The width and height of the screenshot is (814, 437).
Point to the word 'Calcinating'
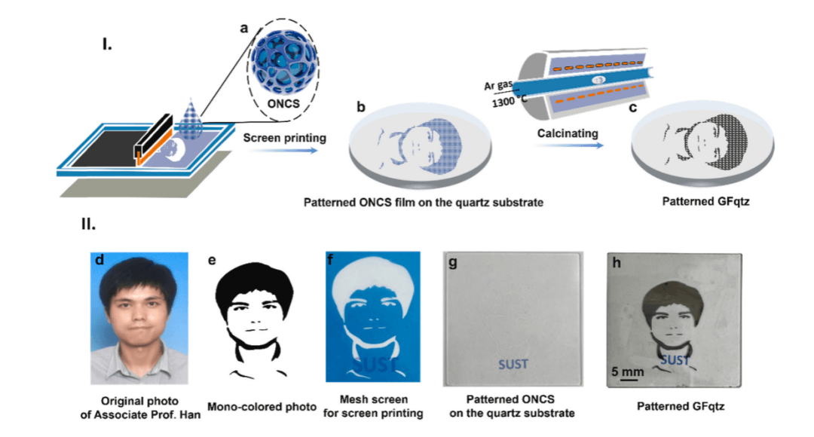pos(568,133)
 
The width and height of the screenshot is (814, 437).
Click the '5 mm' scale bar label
pos(627,371)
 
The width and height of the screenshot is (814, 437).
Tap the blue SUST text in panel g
pos(513,365)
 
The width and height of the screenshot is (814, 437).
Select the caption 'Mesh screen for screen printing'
pos(373,406)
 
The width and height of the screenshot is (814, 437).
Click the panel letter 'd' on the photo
pos(99,261)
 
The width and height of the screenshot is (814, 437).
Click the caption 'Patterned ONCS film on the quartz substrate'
pos(423,202)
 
